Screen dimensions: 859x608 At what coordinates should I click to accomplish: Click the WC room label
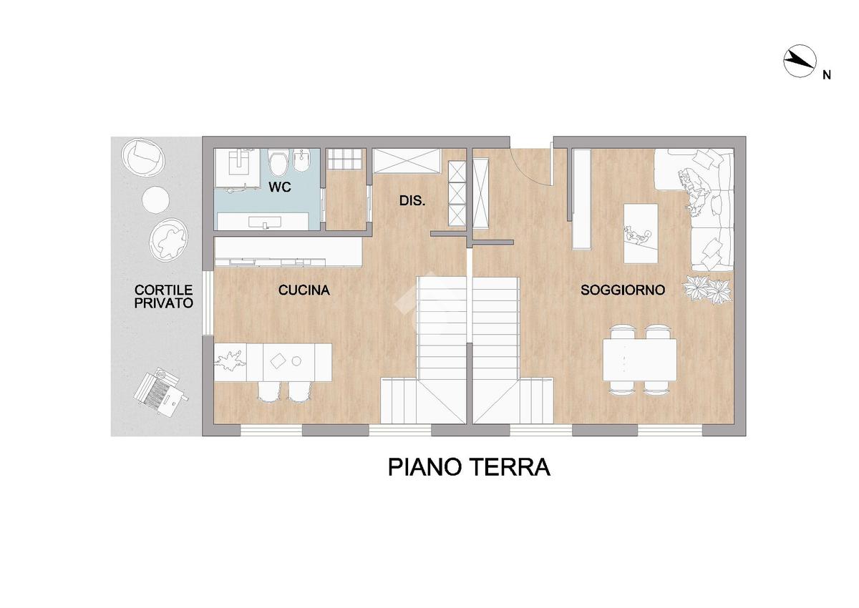pos(280,187)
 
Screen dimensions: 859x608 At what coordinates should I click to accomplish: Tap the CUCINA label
pos(304,290)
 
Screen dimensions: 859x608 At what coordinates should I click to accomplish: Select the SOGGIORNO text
pos(622,290)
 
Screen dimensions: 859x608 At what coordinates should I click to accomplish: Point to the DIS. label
pos(412,200)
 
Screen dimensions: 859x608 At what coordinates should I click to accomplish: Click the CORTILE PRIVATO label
pos(164,296)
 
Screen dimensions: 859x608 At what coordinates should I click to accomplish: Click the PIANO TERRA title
pos(469,467)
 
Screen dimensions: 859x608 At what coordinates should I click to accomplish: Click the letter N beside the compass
pos(826,76)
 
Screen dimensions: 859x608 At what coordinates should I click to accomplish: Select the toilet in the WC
pos(278,163)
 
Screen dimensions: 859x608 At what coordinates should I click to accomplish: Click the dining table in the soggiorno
pos(640,359)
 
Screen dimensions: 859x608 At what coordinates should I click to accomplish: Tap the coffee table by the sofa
pos(641,233)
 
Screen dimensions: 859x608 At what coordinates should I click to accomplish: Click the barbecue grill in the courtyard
pos(161,390)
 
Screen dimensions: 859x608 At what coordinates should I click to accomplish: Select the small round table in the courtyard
pos(156,200)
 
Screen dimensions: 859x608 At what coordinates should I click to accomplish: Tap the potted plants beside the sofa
pos(706,290)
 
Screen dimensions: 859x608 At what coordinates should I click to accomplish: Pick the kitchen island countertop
pos(273,362)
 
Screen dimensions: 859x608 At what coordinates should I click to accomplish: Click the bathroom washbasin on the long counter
pos(265,222)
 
